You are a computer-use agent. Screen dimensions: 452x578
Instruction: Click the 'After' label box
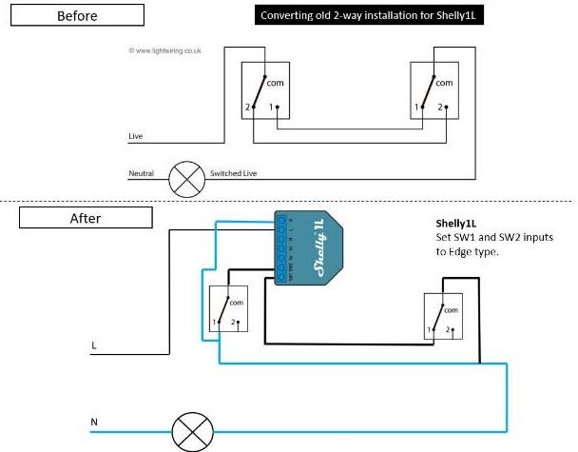[x=85, y=218]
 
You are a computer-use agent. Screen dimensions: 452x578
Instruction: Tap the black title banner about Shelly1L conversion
[x=366, y=15]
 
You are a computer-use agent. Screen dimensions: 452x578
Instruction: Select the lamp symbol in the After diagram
[x=197, y=432]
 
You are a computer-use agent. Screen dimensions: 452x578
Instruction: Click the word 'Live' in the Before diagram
[x=136, y=137]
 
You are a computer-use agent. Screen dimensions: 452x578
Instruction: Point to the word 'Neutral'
[x=142, y=174]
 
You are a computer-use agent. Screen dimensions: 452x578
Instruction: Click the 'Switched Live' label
[x=233, y=174]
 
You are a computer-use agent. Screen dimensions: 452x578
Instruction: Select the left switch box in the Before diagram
[x=260, y=91]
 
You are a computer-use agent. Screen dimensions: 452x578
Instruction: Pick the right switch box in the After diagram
[x=444, y=318]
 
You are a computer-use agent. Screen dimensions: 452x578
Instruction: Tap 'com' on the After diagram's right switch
[x=451, y=310]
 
